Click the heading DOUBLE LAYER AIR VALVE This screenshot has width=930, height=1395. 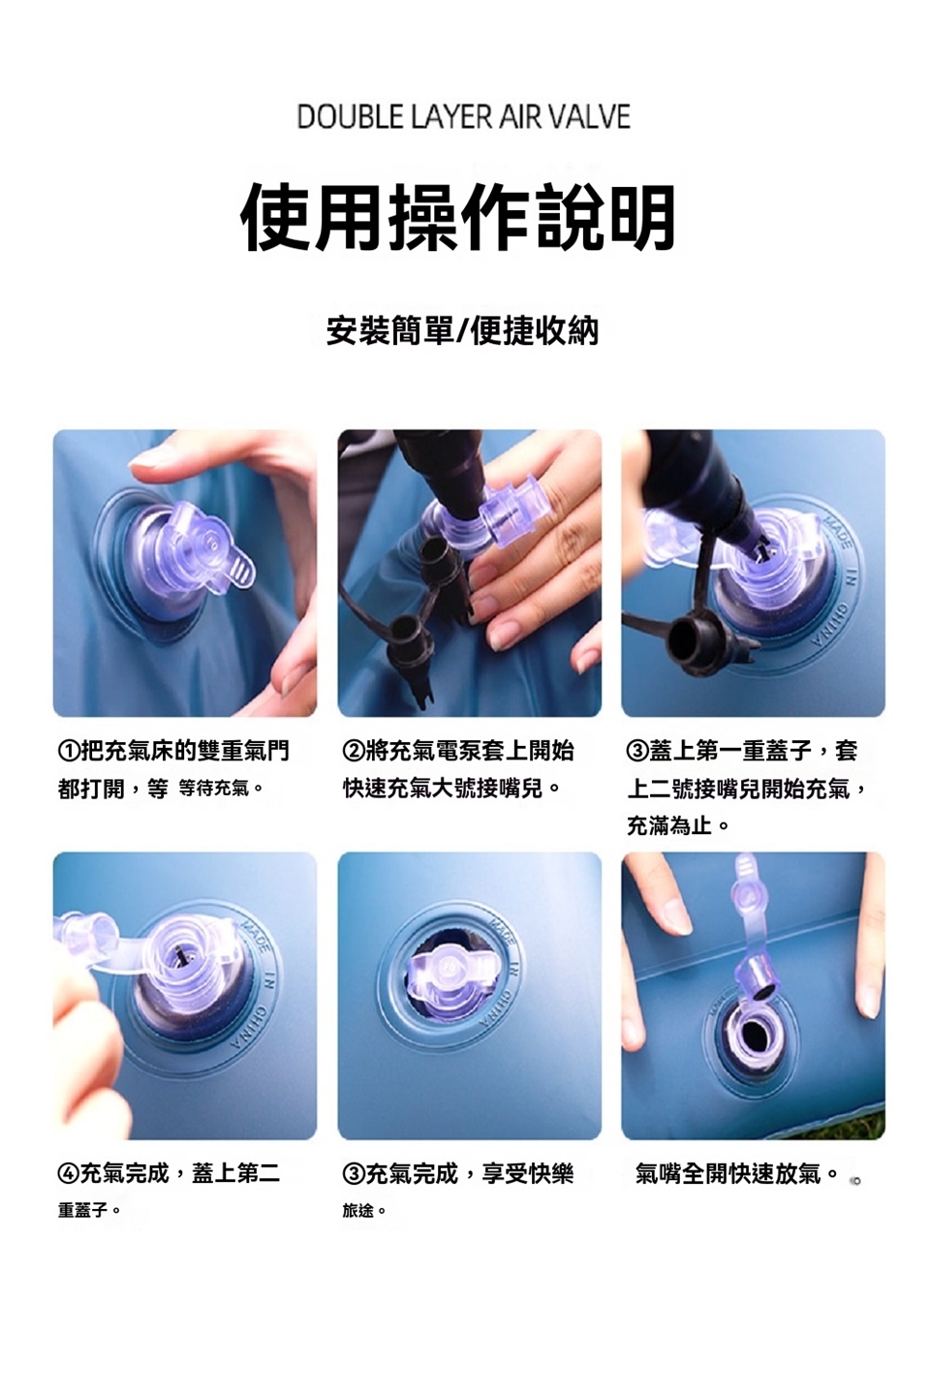coord(464,116)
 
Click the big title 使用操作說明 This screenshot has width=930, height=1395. coord(458,217)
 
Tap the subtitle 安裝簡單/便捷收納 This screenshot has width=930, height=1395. coord(462,330)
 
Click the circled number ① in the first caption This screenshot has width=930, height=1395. coord(69,752)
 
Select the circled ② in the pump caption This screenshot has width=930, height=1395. coord(354,752)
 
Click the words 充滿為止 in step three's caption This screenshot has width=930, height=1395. coord(669,825)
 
